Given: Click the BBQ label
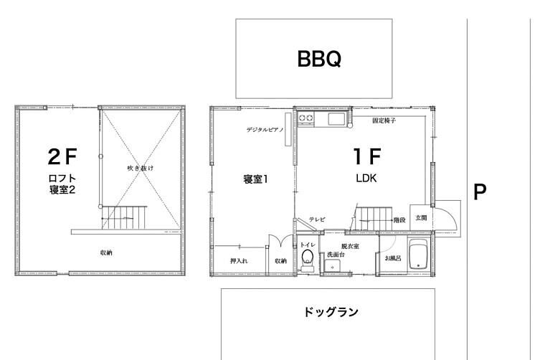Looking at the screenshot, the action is point(319,59).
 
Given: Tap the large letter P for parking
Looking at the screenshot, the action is point(480,191).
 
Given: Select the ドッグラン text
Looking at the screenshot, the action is point(331,312).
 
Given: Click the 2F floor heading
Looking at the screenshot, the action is point(62,157).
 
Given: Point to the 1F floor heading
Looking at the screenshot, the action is point(367,156).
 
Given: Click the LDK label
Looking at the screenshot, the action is point(366,179).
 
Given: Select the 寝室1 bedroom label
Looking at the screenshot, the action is point(255,179).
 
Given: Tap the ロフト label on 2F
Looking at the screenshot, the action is point(62,179).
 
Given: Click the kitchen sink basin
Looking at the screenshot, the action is point(336,119).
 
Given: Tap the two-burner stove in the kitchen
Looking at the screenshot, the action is point(306,118).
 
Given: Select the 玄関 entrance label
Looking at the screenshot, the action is point(421,218).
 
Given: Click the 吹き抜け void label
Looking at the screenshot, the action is point(140,169).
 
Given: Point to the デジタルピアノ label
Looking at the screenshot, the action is point(265,130).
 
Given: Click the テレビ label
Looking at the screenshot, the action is point(318,219).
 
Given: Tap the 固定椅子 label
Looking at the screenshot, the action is point(384,120).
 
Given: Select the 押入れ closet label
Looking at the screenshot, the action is point(239,260).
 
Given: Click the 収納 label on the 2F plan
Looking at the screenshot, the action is point(106,252).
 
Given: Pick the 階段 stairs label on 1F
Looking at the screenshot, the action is point(399,220).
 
